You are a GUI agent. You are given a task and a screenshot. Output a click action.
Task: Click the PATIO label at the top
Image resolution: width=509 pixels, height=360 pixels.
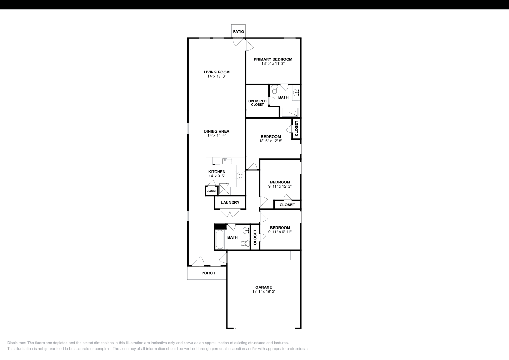click(239, 31)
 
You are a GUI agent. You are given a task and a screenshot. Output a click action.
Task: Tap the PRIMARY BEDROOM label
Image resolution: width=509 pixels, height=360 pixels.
click(273, 59)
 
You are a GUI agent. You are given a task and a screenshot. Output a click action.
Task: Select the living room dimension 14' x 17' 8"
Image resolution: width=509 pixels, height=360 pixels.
click(217, 76)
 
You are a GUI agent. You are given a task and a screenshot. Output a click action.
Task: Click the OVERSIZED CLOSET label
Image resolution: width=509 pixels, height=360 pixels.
click(257, 103)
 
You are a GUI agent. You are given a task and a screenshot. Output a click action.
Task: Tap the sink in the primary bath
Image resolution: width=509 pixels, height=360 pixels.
click(296, 93)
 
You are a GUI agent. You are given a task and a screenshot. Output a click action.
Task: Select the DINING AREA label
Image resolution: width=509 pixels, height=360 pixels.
click(217, 131)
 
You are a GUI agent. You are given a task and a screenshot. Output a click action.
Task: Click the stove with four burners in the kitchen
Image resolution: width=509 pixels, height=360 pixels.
click(240, 176)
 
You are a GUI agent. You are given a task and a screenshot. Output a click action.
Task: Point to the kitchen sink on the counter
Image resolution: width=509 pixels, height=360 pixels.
click(227, 161)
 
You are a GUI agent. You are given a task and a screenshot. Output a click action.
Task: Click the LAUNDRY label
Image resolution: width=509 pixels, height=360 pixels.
click(230, 202)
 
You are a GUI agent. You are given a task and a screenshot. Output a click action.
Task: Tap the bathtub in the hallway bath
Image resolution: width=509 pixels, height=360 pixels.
click(220, 241)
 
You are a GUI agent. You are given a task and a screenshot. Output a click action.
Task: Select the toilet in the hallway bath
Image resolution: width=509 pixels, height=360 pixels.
click(244, 243)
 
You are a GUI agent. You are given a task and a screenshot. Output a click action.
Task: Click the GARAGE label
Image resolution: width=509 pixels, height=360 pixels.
click(264, 287)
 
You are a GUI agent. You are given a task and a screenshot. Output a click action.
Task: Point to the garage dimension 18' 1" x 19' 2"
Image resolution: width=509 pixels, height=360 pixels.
click(264, 291)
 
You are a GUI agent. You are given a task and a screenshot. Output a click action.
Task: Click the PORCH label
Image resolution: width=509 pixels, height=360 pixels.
click(208, 273)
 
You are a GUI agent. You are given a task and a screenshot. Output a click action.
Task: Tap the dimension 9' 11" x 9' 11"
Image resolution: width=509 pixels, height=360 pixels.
click(280, 232)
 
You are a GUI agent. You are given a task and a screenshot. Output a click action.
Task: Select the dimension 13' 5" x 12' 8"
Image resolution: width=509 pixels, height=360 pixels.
click(271, 141)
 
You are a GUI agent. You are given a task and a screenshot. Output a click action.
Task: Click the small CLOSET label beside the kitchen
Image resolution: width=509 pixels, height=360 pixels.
click(211, 191)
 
